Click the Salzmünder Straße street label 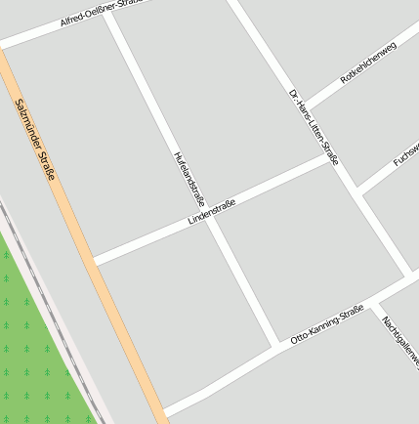35,139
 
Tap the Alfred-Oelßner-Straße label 102,12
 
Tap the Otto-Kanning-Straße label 327,326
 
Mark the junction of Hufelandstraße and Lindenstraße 209,219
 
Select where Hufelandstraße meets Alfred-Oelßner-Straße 109,15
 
